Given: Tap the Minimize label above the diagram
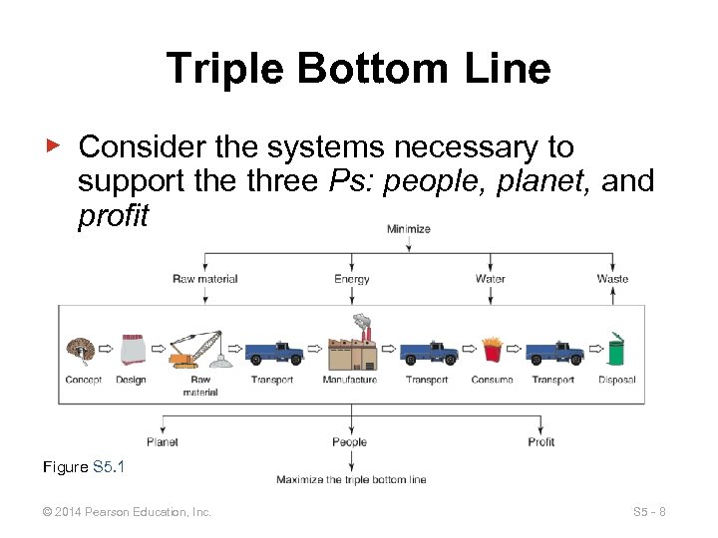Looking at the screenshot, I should click(409, 229).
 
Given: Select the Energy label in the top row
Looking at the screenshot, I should click(351, 279).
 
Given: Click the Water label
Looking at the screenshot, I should click(491, 279).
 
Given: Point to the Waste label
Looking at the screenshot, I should click(612, 279).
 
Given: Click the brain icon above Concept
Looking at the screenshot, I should click(79, 350).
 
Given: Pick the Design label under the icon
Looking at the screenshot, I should click(131, 380).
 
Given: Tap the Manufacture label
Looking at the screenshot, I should click(350, 380).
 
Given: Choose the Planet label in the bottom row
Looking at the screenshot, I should click(163, 441).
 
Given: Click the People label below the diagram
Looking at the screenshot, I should click(349, 441).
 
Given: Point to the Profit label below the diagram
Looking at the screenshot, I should click(541, 441).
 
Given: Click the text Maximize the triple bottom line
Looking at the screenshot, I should click(351, 480).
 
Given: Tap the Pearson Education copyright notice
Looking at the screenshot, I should click(128, 512).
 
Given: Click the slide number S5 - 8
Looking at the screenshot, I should click(649, 512).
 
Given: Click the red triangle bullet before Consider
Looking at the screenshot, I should click(56, 145).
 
